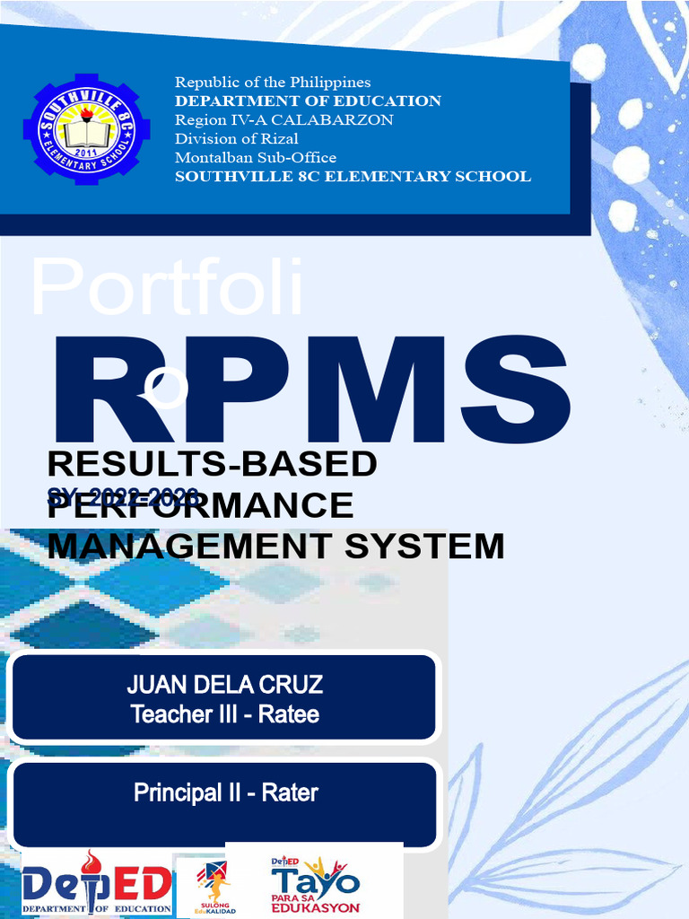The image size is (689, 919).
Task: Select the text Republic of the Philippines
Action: pos(273,83)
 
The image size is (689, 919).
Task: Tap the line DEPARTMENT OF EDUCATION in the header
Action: pos(308,101)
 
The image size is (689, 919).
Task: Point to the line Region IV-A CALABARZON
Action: pos(283,120)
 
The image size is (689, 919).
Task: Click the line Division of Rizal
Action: pos(237,139)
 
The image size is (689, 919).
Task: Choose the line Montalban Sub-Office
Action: pos(256,158)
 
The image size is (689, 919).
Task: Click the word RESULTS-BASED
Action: pos(212,465)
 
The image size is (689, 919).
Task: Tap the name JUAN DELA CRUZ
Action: pos(224,687)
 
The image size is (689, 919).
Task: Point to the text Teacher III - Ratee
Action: pos(224,715)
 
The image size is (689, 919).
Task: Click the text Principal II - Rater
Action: pos(225,793)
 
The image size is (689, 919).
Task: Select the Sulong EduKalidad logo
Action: pos(213,885)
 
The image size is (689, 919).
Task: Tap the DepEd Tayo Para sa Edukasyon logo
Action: pos(315,885)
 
